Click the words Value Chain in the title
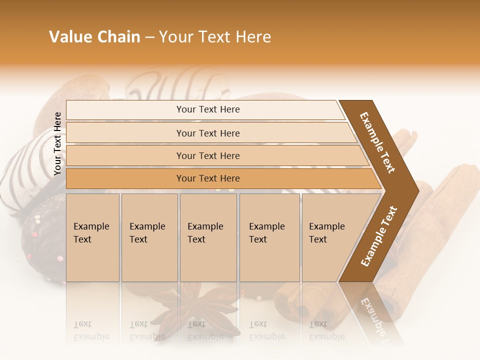94,37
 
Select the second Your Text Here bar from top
207,133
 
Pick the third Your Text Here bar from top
207,155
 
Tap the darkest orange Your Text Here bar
207,178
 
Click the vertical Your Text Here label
58,144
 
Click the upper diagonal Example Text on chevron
377,142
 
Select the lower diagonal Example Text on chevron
379,236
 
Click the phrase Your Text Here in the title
215,37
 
